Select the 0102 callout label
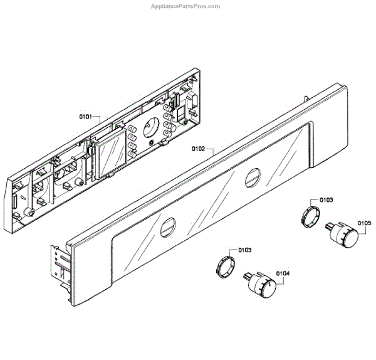[199, 150]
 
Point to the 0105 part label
[365, 223]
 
